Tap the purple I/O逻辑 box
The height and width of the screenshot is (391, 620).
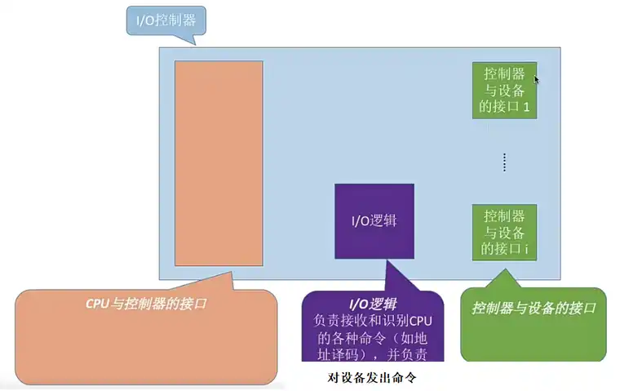(374, 222)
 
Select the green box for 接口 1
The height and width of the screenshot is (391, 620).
(504, 90)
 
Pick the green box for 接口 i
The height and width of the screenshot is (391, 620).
(504, 233)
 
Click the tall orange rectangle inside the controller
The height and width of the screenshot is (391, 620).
(219, 163)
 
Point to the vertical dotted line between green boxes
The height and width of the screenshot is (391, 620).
(505, 162)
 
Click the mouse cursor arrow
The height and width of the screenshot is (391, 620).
(536, 79)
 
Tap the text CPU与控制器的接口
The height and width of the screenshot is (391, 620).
(146, 304)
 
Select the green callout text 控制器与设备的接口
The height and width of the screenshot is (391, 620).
(534, 309)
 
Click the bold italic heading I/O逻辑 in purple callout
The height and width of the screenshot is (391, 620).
(372, 304)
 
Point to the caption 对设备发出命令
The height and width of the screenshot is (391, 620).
(372, 378)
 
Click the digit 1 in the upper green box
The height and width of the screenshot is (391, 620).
(527, 106)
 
